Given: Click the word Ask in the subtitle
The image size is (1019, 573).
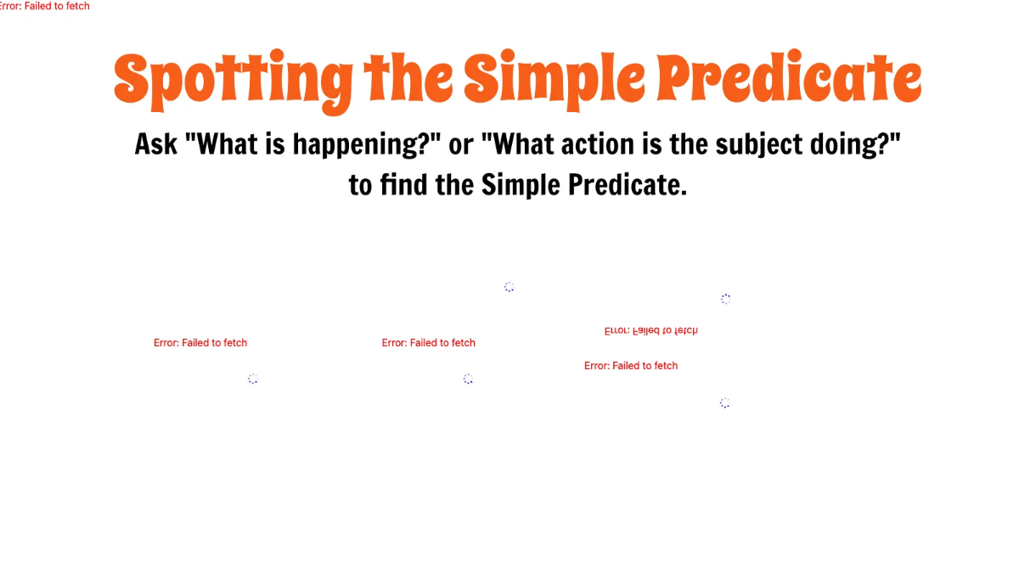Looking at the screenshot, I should [x=156, y=144].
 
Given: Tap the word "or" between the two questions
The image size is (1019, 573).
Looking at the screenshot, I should [x=461, y=145].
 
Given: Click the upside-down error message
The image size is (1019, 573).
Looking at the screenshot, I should [x=650, y=330].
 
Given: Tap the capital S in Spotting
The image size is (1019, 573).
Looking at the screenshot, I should [x=134, y=79].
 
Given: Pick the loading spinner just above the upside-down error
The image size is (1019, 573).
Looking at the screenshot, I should [x=725, y=299].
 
